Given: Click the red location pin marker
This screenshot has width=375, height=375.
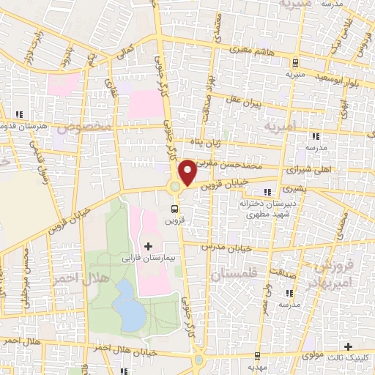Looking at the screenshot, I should click(187, 171).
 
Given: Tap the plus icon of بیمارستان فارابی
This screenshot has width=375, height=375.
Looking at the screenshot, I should click(149, 245).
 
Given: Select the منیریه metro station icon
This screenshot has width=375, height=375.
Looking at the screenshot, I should click(294, 63).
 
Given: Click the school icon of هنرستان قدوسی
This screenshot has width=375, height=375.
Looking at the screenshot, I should click(19, 114).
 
